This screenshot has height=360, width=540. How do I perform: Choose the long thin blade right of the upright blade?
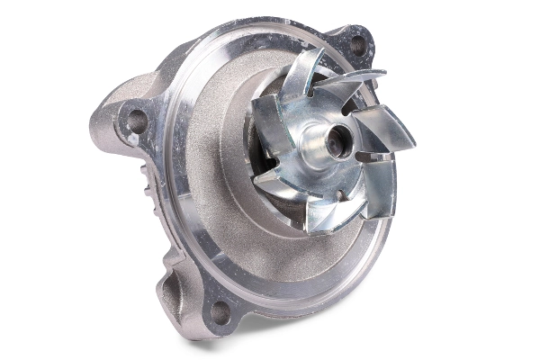[355, 80]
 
